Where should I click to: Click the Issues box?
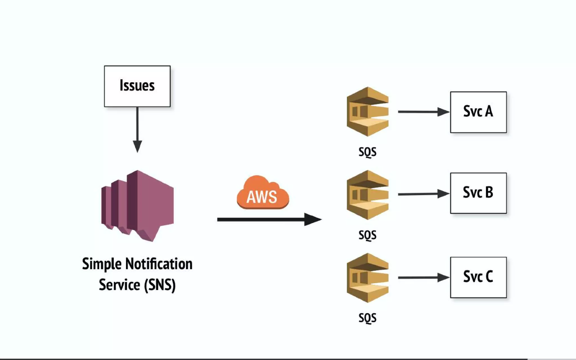pos(137,86)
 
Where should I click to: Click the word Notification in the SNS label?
pos(159,264)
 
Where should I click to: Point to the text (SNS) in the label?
pos(160,285)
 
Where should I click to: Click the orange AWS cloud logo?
pos(263,193)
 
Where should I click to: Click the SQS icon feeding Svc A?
pos(367,112)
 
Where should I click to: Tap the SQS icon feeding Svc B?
pos(367,195)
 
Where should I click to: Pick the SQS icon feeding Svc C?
pos(367,278)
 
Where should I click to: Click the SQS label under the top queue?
pos(367,152)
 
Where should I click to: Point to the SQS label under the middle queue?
pos(367,235)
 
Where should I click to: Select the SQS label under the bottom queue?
pos(367,318)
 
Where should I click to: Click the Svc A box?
pos(478,112)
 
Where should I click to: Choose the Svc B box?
pos(478,193)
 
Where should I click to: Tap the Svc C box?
pos(478,277)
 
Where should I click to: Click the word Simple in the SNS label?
pos(102,264)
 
